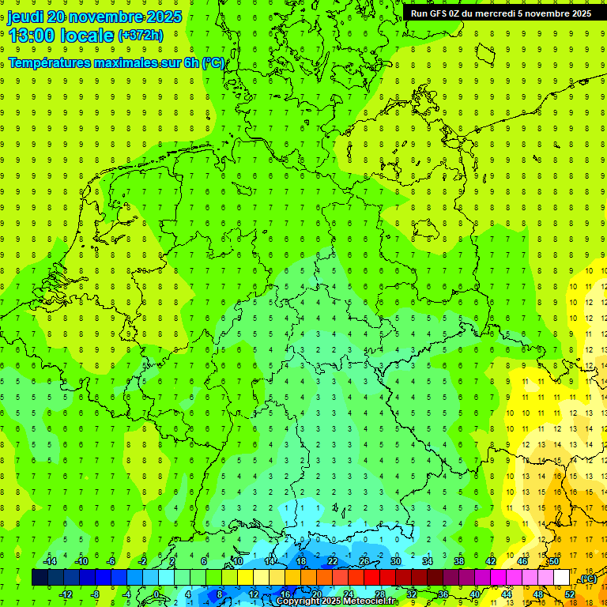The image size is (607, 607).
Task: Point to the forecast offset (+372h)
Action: (x=141, y=36)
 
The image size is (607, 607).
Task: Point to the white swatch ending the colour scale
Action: (x=562, y=578)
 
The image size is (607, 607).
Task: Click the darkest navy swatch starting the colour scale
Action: (x=40, y=578)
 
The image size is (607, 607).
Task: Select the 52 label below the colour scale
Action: (x=570, y=594)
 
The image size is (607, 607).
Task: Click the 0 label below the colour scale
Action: (x=157, y=594)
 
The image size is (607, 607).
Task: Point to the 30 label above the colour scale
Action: (x=396, y=561)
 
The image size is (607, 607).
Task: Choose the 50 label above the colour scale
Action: (x=554, y=561)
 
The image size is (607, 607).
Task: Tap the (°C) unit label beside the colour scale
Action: (x=588, y=579)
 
